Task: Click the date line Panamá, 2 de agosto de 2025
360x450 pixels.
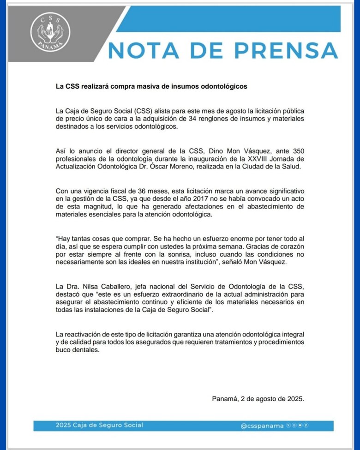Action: click(258, 399)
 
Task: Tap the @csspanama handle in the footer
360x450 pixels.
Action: click(262, 426)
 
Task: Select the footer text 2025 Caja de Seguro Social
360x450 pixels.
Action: click(92, 425)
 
